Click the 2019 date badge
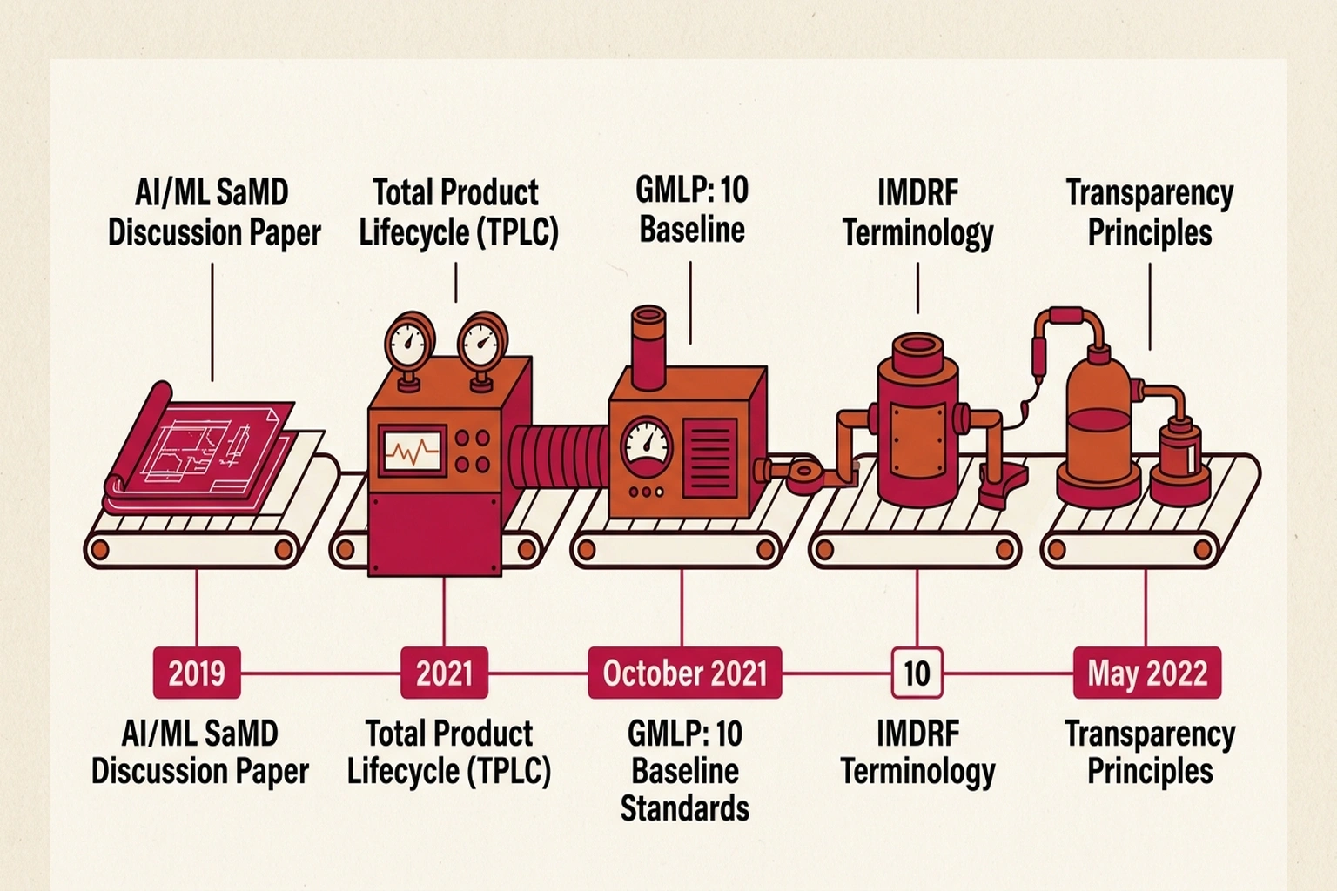pos(197,673)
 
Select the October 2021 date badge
pos(684,673)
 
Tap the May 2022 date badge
pos(1146,673)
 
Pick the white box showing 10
pos(917,673)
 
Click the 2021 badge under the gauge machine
pos(444,673)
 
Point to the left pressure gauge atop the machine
pos(408,343)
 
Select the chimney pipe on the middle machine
pos(648,346)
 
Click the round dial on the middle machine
pos(645,445)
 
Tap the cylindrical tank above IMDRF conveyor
pos(917,426)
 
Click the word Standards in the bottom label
pos(684,808)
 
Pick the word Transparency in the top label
pos(1149,193)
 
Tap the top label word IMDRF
pos(917,193)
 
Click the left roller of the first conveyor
pos(100,550)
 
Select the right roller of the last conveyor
pos(1204,550)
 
